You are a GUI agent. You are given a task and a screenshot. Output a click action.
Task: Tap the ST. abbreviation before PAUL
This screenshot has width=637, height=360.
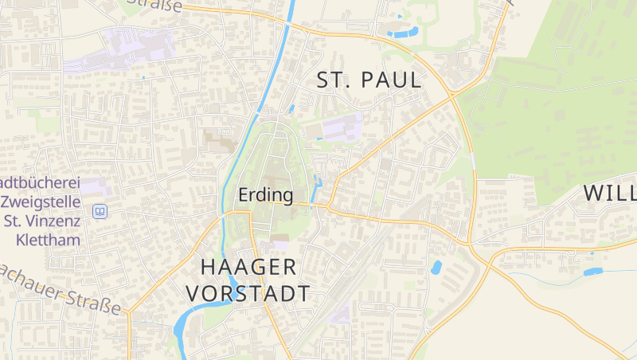pyautogui.click(x=334, y=80)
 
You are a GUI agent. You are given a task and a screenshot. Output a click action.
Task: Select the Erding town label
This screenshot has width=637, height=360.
pyautogui.click(x=265, y=194)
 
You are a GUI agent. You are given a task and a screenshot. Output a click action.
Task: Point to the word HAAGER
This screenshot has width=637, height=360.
pyautogui.click(x=248, y=266)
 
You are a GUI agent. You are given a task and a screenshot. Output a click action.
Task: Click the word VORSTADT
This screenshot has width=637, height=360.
pyautogui.click(x=248, y=293)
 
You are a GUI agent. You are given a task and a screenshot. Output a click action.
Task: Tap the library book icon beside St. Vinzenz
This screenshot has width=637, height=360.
pyautogui.click(x=100, y=211)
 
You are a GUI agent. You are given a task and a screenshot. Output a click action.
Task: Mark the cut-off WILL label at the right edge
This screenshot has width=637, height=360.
pyautogui.click(x=610, y=193)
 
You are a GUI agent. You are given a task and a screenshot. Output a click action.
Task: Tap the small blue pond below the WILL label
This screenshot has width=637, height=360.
pyautogui.click(x=593, y=272)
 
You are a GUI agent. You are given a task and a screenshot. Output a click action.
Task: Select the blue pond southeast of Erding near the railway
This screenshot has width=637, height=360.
pyautogui.click(x=436, y=268)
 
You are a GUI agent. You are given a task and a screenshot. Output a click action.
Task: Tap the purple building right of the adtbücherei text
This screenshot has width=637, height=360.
pyautogui.click(x=95, y=186)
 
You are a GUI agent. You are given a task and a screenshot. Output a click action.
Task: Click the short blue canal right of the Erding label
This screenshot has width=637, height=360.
pyautogui.click(x=318, y=188)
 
